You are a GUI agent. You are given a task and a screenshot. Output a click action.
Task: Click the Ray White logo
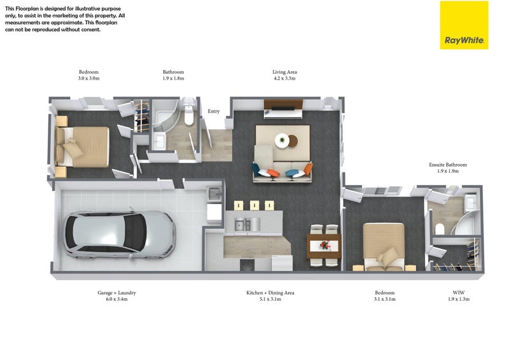pos(464,25)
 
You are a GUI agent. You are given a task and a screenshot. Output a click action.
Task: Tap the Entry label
pos(214,111)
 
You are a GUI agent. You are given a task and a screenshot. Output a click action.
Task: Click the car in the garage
pos(120,234)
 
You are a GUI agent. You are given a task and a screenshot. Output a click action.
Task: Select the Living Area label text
pos(284,72)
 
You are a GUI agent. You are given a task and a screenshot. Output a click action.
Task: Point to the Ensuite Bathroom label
pos(448,165)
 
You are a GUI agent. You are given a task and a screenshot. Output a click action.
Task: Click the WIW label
pos(458,293)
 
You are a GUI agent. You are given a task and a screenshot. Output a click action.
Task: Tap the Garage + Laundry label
pos(117,293)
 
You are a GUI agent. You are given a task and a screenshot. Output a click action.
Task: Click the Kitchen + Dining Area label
pos(270,293)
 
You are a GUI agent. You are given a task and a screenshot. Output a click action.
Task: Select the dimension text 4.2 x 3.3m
pos(284,78)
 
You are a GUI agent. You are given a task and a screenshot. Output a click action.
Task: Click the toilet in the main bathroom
pos(188,114)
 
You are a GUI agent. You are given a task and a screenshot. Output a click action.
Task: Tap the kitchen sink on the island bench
pos(243,225)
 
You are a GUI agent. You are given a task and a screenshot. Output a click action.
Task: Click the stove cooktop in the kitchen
pos(248,265)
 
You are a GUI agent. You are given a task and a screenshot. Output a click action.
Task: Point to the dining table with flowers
pos(324,246)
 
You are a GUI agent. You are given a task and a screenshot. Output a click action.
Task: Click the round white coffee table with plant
pos(282,141)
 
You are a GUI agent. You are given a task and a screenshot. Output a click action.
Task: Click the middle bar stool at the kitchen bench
pos(254,205)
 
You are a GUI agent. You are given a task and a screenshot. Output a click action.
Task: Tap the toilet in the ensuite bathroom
pos(439,229)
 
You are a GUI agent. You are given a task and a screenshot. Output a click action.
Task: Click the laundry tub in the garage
pos(214,194)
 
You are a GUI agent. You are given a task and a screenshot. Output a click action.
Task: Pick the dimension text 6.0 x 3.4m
pos(117,299)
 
